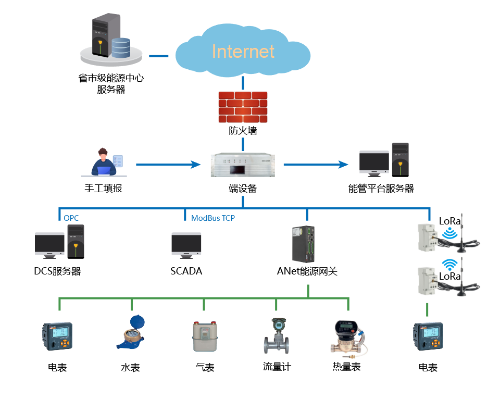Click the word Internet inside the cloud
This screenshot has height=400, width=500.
(x=243, y=51)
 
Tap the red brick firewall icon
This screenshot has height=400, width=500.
(x=243, y=107)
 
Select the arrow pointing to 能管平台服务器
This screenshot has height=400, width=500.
(x=316, y=165)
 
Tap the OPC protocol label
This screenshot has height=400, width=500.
(x=71, y=218)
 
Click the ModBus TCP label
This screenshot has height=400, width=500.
(x=213, y=218)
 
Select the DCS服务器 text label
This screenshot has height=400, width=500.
(x=57, y=271)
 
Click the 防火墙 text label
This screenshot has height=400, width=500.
(x=243, y=131)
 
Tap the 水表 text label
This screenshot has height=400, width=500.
(x=130, y=368)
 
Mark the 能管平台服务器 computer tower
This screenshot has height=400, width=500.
(x=400, y=160)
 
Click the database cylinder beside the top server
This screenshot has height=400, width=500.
(x=121, y=47)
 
